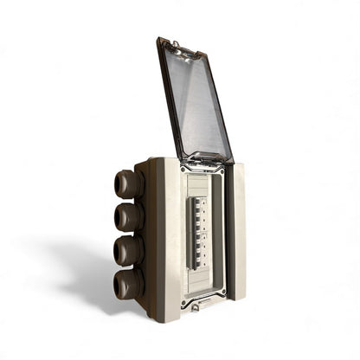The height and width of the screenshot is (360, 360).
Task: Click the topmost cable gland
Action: pyautogui.click(x=128, y=183)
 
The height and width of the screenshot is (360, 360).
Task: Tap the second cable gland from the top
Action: pyautogui.click(x=128, y=216)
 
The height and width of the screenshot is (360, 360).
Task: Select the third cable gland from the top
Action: pyautogui.click(x=128, y=249)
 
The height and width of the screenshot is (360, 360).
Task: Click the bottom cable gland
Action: pyautogui.click(x=128, y=283)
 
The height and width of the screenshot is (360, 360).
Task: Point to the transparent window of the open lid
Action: pyautogui.click(x=196, y=100)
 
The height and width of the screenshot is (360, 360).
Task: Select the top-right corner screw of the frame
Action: pyautogui.click(x=221, y=169)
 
